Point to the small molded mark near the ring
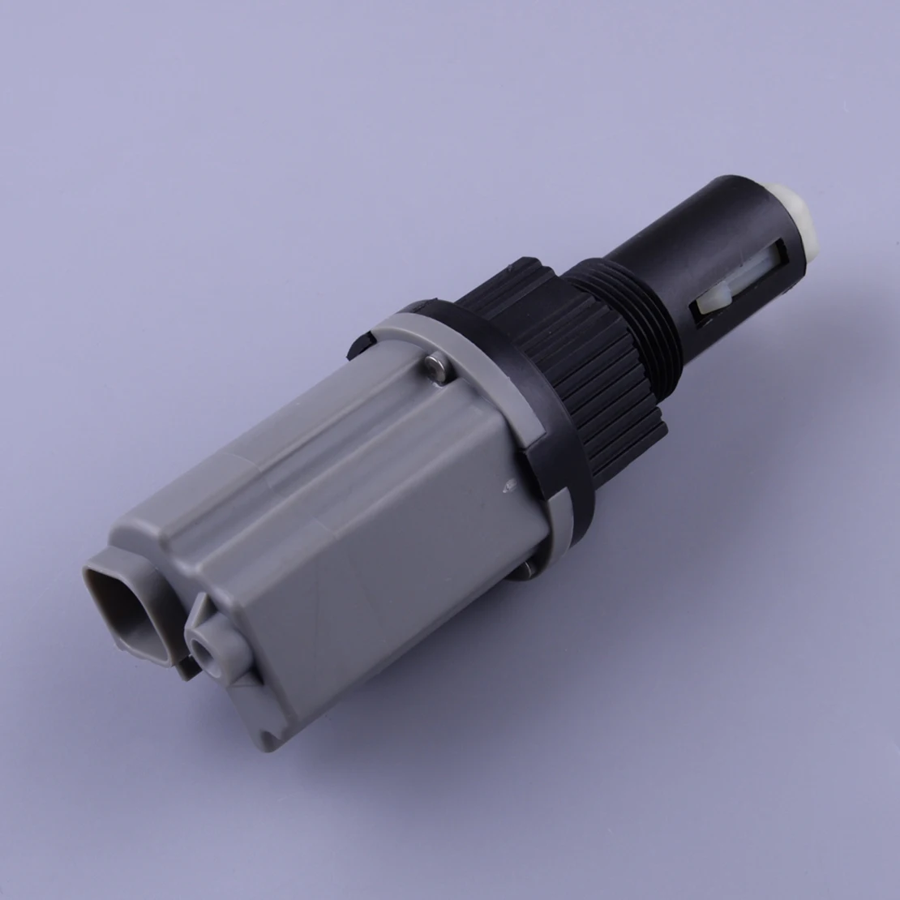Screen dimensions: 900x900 click(509, 485)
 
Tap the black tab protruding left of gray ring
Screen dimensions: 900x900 click(357, 345)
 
